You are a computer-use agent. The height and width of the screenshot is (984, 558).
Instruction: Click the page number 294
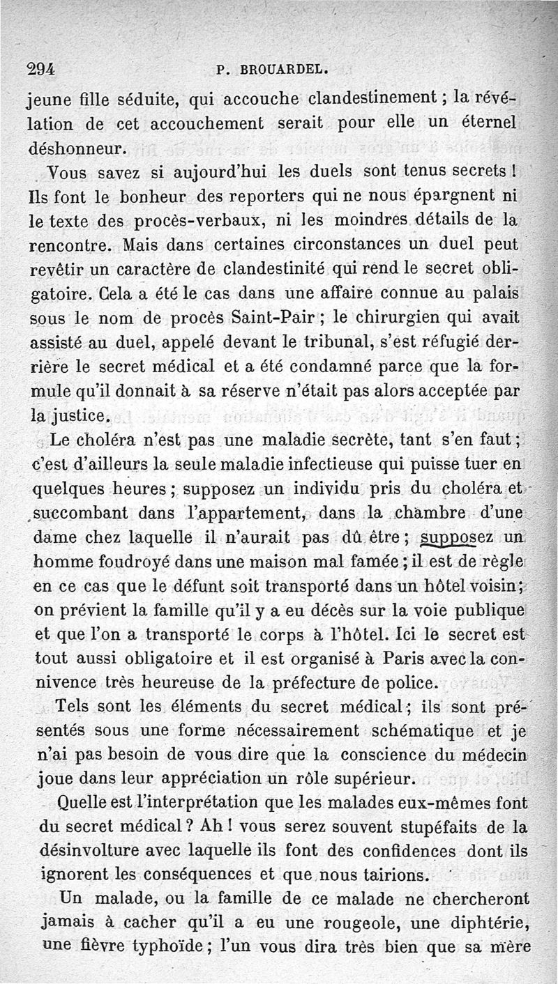(x=40, y=69)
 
